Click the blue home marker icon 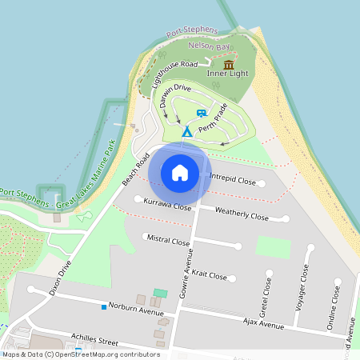[180, 173]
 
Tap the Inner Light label [228, 74]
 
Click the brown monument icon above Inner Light [229, 64]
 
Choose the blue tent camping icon [186, 130]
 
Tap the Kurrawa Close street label [167, 206]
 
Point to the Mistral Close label [168, 239]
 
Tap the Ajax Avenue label [263, 324]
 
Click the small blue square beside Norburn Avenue [103, 306]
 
